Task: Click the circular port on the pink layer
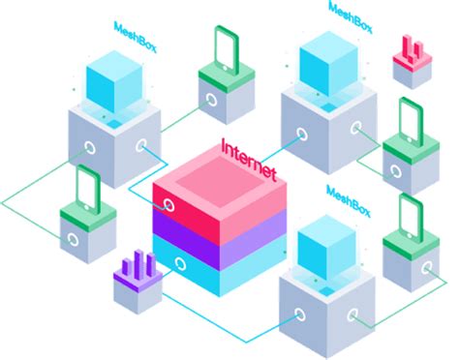(169, 205)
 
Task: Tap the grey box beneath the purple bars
(136, 294)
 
